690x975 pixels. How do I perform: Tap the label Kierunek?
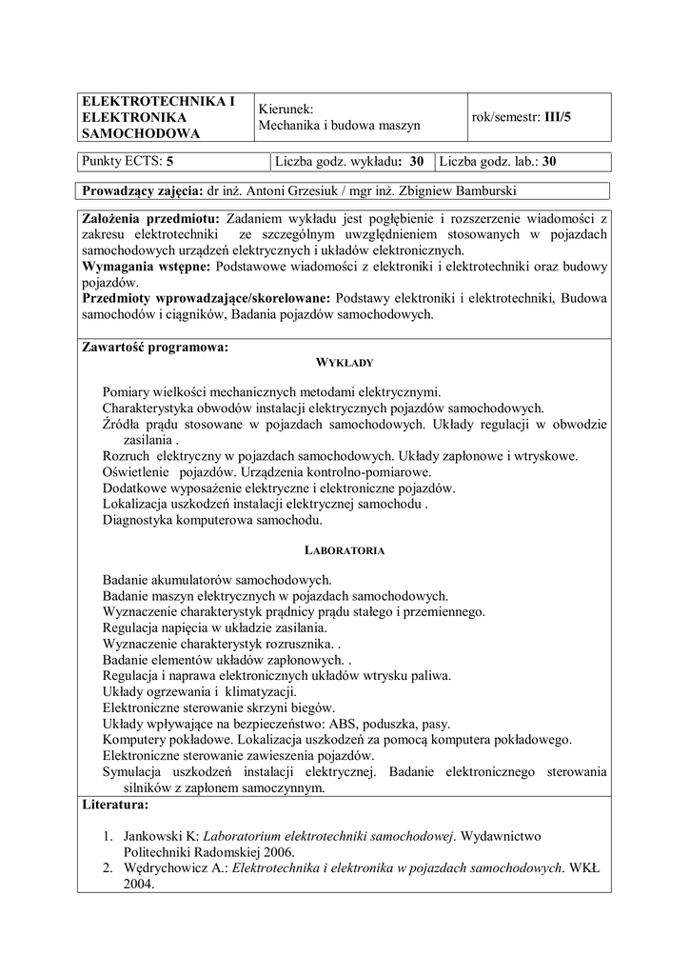(286, 109)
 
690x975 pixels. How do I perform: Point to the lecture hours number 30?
(417, 162)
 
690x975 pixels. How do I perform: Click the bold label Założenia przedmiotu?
(151, 219)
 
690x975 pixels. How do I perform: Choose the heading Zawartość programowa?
(155, 347)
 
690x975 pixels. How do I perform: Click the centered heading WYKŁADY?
(344, 363)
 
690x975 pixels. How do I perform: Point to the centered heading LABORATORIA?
(344, 550)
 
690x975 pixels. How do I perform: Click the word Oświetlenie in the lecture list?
(135, 472)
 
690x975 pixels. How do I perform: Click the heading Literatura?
(115, 806)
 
